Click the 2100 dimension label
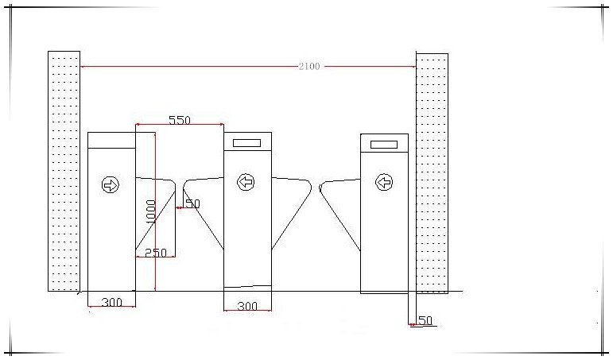point(309,67)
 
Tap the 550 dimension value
point(180,120)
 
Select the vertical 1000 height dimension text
point(150,211)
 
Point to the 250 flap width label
point(156,253)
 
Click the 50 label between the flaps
point(192,203)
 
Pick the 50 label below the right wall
point(425,320)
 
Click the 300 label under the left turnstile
point(112,302)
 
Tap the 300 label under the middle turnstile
point(247,306)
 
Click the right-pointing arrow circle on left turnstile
point(111,184)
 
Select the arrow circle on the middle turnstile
point(246,182)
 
